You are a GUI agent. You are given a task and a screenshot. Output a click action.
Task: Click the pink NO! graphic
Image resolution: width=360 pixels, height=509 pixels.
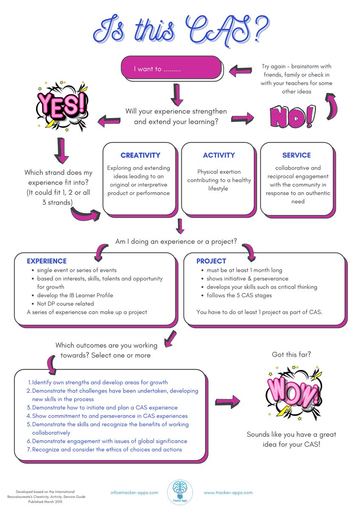[x=292, y=117]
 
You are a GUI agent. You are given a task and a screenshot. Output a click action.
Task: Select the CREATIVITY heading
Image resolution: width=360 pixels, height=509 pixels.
[x=140, y=156]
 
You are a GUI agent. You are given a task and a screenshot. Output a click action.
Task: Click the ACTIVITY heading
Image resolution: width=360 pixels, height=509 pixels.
[x=219, y=156]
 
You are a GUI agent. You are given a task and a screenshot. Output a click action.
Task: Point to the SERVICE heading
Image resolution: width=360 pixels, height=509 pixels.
[x=296, y=156]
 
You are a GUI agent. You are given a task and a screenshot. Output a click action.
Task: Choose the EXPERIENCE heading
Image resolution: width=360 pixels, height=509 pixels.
[x=47, y=261]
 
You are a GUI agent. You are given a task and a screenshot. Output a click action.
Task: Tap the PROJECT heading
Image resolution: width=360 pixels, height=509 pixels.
[x=211, y=261]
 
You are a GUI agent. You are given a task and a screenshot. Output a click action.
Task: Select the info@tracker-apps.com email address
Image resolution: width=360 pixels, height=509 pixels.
[x=134, y=492]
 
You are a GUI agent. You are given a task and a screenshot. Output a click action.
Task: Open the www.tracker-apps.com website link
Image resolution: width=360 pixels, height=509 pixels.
[x=228, y=492]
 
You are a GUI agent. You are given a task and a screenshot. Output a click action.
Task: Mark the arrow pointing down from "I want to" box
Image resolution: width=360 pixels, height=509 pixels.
[x=177, y=94]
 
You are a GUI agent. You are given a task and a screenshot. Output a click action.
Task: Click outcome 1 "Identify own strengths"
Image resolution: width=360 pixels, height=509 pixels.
[x=100, y=382]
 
